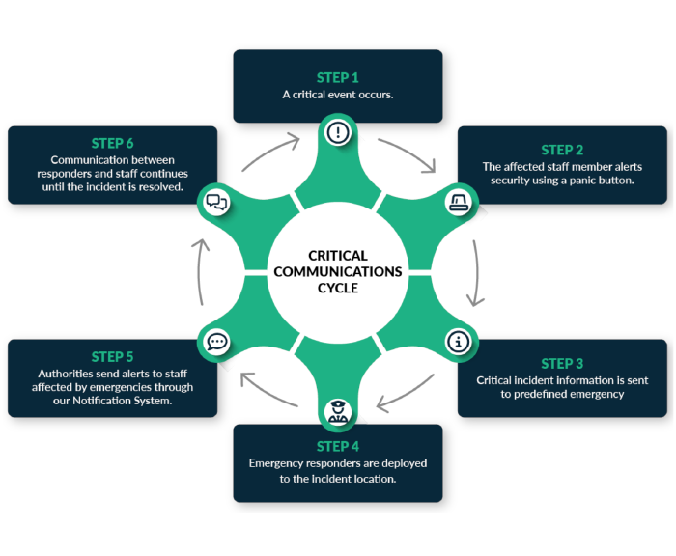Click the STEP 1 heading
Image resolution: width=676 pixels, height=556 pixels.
pos(337,77)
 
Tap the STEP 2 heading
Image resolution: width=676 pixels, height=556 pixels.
pos(562,150)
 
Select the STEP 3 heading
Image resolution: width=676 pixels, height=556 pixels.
pos(562,364)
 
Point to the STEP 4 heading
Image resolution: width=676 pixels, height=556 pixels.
pos(337,446)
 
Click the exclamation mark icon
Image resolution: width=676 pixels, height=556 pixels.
pos(337,132)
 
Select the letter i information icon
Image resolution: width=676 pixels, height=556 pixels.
pos(459,341)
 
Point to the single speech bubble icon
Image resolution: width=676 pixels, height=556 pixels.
pos(216,341)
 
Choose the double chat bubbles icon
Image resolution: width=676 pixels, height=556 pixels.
pos(216,202)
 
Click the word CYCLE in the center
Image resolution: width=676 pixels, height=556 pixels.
pos(337,288)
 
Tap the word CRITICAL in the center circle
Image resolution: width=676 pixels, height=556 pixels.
pos(337,256)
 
